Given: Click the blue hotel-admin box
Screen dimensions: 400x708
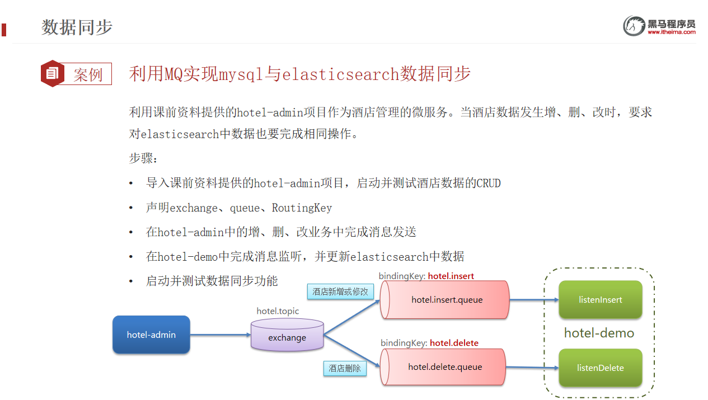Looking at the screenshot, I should [x=151, y=335].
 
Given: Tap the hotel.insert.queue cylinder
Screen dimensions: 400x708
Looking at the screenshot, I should [x=445, y=300].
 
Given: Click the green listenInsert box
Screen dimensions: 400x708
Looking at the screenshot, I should [x=600, y=300].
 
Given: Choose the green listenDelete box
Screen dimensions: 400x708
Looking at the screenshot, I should [x=600, y=368].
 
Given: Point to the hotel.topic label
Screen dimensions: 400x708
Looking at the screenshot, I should [x=278, y=311].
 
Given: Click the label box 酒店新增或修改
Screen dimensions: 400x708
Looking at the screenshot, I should [x=340, y=291].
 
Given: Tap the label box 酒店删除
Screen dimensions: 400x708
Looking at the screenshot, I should [x=345, y=368].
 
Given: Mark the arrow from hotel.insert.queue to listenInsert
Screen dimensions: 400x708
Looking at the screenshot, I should [x=534, y=300].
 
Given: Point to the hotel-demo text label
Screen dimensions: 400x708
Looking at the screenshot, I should [x=599, y=333].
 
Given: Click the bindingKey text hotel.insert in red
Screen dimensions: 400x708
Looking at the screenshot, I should [x=451, y=276].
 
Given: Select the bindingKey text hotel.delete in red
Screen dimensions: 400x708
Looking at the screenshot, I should [x=454, y=343].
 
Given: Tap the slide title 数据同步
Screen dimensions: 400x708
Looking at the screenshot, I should [x=77, y=27].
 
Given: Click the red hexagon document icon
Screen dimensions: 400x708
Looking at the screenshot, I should [x=52, y=73].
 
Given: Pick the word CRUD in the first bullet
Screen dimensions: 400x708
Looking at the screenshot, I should [x=489, y=183].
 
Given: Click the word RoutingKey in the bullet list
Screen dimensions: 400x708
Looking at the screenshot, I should [x=302, y=208].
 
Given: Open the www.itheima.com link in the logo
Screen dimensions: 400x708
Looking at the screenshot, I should [x=672, y=32].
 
